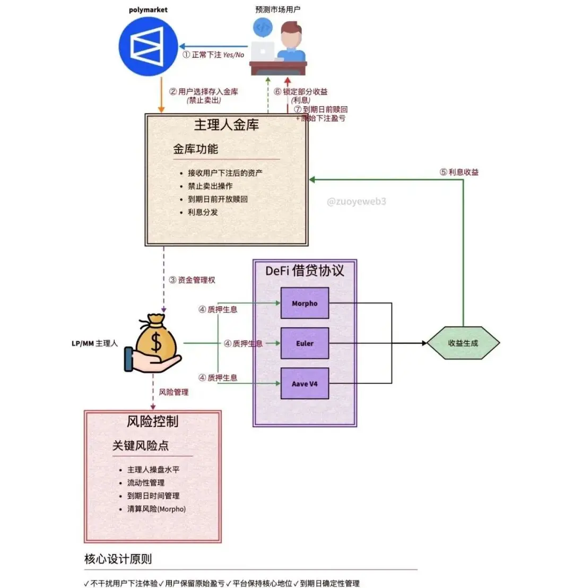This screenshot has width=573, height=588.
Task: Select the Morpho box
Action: (x=305, y=303)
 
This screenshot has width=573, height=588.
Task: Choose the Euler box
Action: (x=305, y=343)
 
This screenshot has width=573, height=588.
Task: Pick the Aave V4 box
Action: (x=305, y=384)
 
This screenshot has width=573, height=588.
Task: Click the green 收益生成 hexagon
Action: (x=463, y=343)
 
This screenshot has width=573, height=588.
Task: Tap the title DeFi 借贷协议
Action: (x=305, y=271)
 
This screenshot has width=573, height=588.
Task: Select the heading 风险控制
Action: (x=152, y=421)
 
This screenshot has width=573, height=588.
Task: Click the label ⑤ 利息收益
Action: (x=459, y=172)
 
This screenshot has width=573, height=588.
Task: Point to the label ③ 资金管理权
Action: (x=192, y=280)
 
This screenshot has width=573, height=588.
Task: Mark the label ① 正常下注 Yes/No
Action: (x=213, y=55)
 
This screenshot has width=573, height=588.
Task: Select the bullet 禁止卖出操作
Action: (x=210, y=186)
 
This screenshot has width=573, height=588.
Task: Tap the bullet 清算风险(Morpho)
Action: (x=157, y=509)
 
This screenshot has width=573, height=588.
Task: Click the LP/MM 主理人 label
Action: (x=94, y=343)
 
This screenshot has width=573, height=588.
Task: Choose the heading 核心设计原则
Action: (x=118, y=559)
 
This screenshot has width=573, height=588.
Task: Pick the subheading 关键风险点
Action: (x=141, y=446)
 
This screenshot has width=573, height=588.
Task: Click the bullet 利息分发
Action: (x=203, y=212)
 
